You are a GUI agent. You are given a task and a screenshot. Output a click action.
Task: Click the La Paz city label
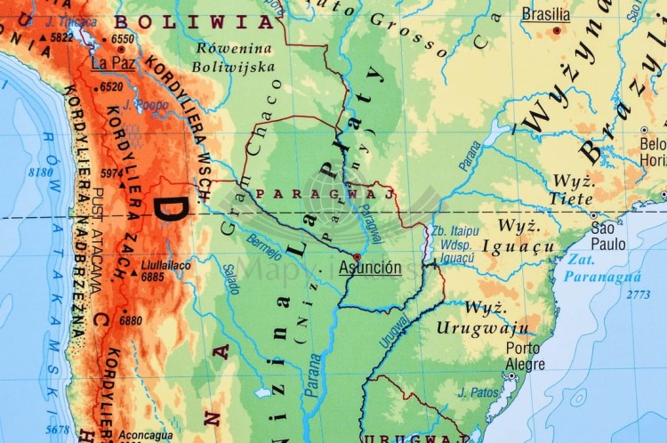coord(112,63)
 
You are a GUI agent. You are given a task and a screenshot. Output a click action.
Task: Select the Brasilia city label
coord(546,14)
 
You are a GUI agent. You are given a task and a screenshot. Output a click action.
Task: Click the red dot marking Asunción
coord(357,256)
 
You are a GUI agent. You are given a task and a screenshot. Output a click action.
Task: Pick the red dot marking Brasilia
coord(557,30)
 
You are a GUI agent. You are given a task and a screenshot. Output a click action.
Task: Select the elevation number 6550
coord(123,39)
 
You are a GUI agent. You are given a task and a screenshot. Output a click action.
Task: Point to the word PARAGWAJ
coord(325,193)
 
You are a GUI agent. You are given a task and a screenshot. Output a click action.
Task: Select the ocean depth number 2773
coord(638,294)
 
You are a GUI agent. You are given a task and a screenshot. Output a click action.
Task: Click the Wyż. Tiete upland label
coord(572,189)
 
